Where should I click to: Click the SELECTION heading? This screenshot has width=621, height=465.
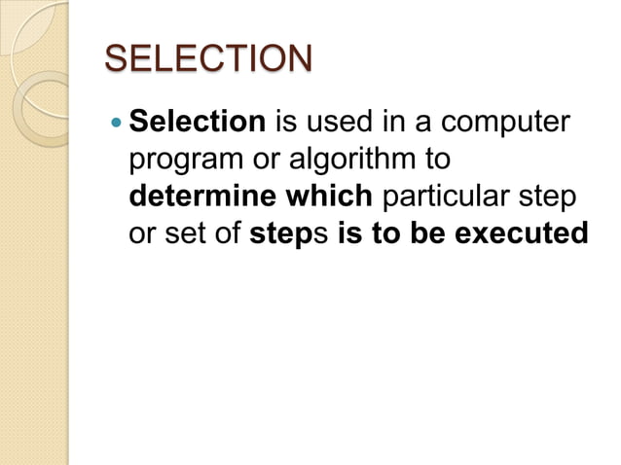[208, 58]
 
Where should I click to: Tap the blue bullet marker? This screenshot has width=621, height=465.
[116, 124]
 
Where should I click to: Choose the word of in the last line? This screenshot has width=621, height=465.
[229, 235]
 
